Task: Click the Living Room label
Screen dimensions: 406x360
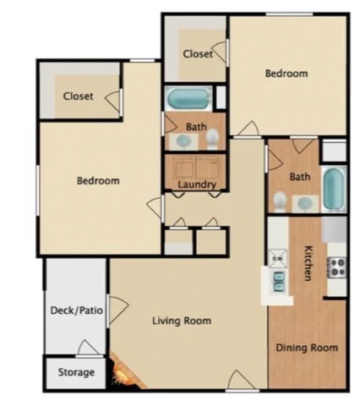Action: [181, 321]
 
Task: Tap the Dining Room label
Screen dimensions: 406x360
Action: [307, 348]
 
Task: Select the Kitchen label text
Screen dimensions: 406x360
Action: [309, 264]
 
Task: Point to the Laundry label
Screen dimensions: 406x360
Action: [197, 184]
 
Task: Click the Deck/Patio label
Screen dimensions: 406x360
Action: [77, 310]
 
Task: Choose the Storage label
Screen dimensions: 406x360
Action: [76, 372]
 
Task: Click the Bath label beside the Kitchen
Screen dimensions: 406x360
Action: [300, 177]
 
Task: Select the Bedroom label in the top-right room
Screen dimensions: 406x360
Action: [286, 74]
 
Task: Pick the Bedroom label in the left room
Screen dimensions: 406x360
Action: [98, 180]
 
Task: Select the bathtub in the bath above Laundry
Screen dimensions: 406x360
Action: [188, 97]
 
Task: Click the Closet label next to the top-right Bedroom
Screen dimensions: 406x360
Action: [198, 53]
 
